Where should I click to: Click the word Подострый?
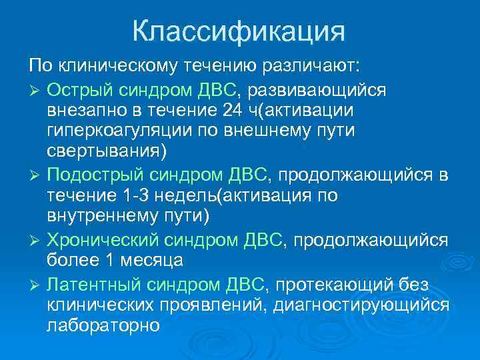91,175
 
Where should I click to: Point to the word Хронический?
99,241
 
